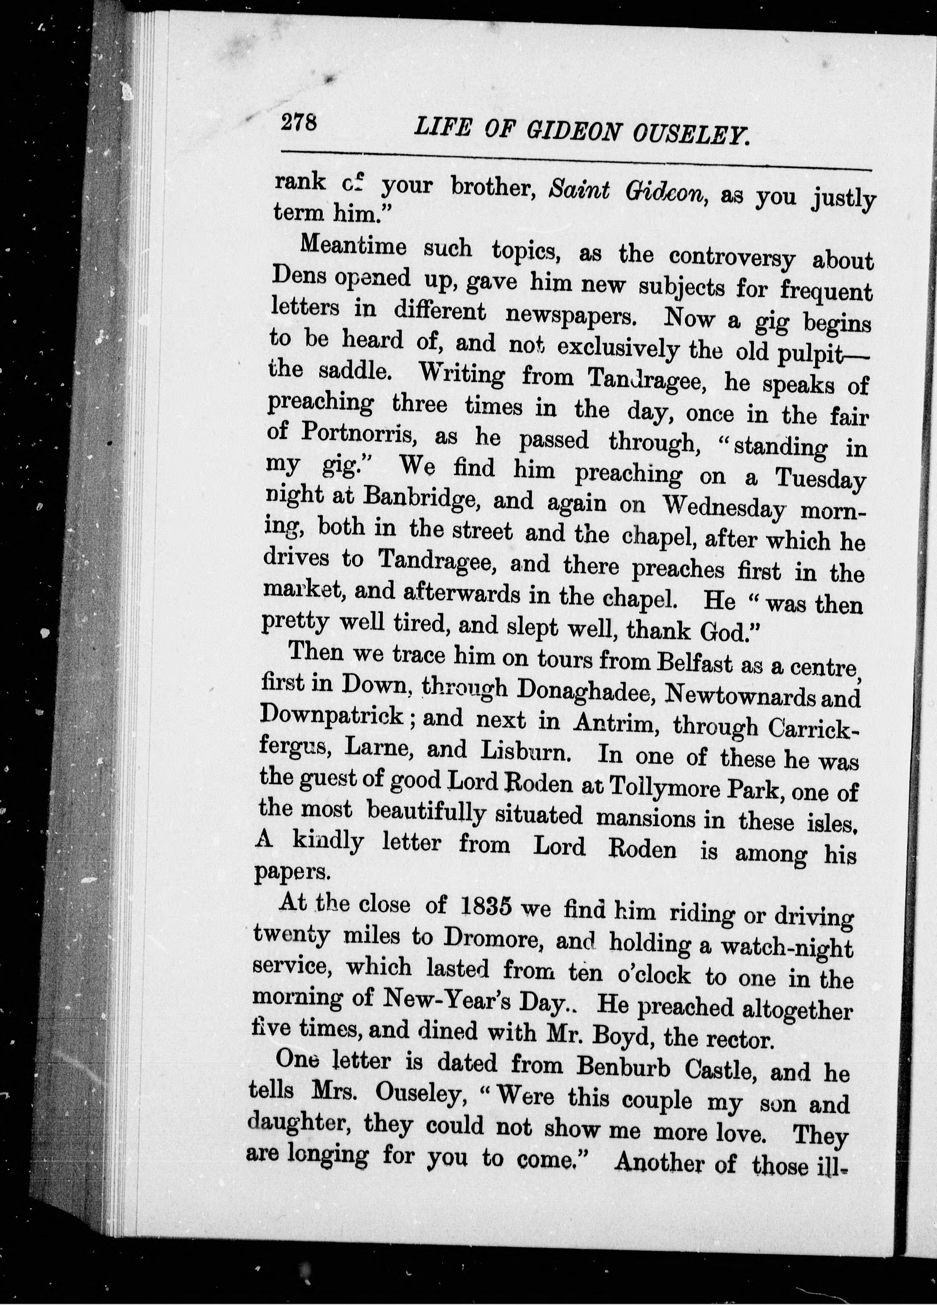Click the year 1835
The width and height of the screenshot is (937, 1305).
(x=487, y=907)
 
